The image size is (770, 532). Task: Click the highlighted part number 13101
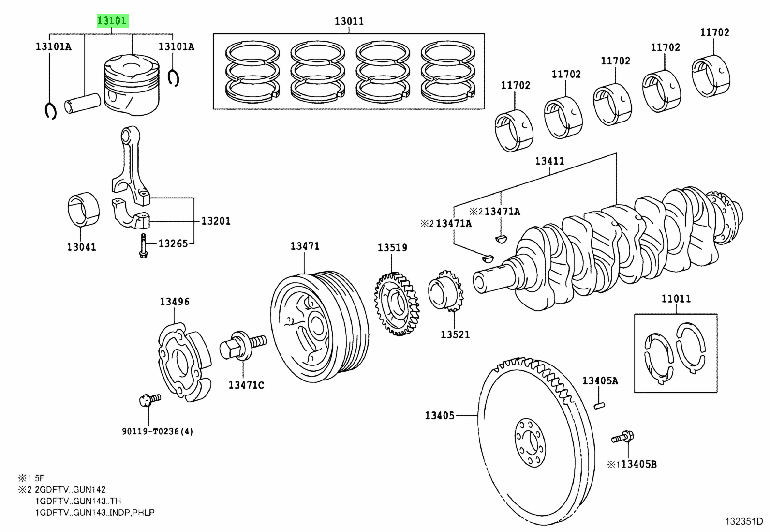point(112,21)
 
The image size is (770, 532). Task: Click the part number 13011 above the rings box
point(349,21)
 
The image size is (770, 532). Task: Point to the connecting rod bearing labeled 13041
point(83,211)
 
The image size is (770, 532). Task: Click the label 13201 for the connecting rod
point(216,221)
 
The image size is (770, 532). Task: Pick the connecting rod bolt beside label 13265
point(142,246)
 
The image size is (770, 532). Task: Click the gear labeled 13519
point(396,304)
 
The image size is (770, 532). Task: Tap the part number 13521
point(455,334)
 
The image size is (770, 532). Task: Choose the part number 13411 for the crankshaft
point(549,161)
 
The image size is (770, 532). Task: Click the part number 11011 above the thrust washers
point(676,299)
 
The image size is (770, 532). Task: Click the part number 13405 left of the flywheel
point(440,415)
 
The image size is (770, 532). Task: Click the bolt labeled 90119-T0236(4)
point(149,400)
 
